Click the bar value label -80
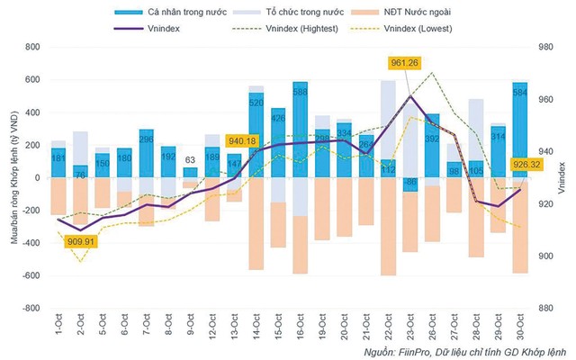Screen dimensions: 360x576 click(x=409, y=183)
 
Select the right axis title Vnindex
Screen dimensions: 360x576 click(x=564, y=177)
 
